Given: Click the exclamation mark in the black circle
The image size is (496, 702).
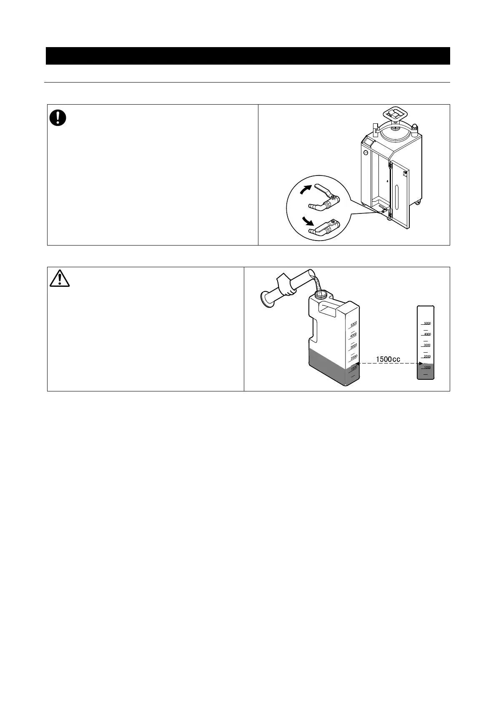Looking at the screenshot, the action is [58, 118].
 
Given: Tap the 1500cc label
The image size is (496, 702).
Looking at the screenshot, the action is [388, 359].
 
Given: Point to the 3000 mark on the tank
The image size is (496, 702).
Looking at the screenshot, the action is [353, 346].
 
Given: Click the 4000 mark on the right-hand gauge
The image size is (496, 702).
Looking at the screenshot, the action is [427, 334].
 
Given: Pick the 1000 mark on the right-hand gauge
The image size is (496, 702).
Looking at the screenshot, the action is [427, 367].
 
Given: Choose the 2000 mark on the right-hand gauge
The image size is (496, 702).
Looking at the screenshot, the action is [427, 356].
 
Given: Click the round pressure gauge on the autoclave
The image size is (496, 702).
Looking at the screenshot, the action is [366, 153].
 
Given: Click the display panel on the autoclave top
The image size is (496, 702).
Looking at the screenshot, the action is [368, 143].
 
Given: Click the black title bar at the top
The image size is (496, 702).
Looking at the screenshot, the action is [248, 56].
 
